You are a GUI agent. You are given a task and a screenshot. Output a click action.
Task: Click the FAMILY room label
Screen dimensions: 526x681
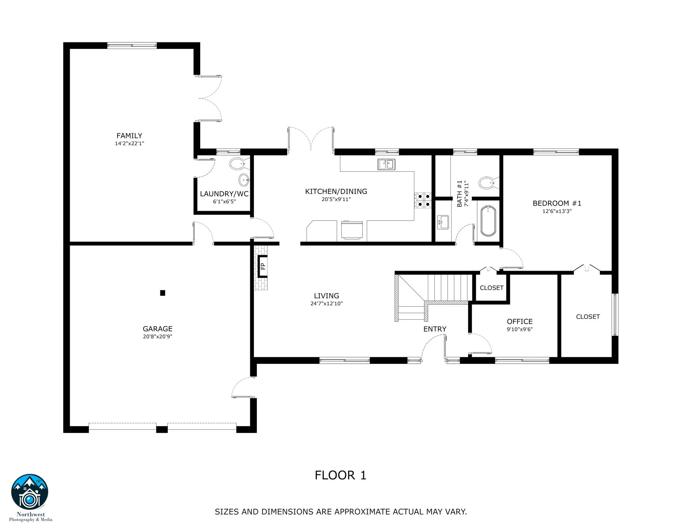click(129, 136)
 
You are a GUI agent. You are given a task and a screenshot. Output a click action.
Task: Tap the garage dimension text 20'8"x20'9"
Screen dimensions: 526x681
click(157, 337)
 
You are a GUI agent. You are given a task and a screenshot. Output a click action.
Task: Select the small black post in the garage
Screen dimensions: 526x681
click(163, 293)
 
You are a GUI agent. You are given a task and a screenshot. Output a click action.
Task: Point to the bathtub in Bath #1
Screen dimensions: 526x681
click(488, 221)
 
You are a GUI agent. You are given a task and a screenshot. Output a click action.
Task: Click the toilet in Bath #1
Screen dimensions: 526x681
click(487, 183)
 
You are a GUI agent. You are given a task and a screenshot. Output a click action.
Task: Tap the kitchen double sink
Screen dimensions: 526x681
click(386, 164)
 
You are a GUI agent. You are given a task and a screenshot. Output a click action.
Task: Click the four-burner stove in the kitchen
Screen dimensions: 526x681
click(423, 200)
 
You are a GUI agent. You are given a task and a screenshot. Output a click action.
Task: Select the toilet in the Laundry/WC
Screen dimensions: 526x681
click(237, 164)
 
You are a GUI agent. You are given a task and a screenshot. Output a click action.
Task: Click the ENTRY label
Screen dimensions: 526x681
click(435, 329)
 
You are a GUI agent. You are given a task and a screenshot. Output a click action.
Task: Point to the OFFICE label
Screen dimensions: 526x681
click(520, 321)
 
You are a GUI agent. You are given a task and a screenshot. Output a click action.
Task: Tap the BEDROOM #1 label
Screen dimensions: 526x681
click(557, 203)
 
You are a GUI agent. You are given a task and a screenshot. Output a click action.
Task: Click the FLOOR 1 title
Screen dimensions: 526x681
click(340, 475)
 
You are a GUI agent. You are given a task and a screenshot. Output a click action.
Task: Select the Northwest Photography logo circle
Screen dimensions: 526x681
click(30, 492)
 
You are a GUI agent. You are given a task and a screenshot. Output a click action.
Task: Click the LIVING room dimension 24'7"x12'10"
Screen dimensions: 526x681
click(327, 304)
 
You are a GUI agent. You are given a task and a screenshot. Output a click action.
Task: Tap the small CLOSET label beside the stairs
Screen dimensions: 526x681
click(491, 288)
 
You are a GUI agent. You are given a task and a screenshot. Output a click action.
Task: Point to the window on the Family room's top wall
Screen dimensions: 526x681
click(132, 45)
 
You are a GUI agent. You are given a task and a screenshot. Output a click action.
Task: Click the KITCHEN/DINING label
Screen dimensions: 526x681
click(336, 191)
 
